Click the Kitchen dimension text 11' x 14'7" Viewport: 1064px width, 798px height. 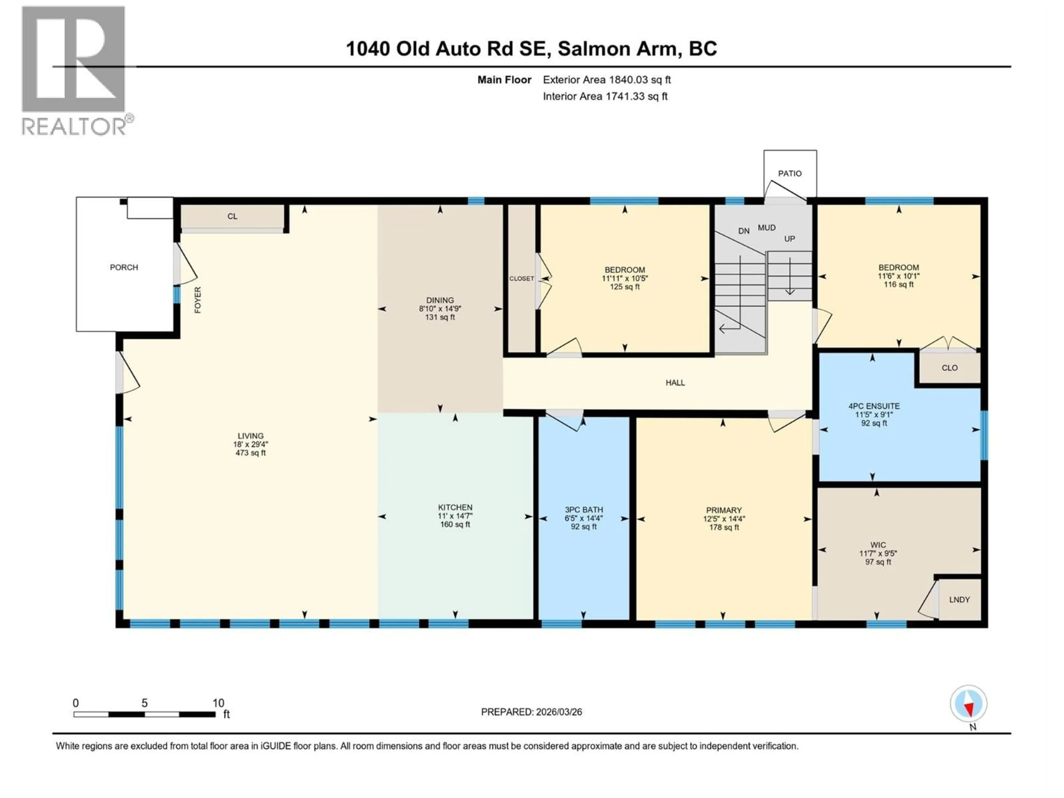(x=455, y=516)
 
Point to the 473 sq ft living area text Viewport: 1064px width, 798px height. (x=250, y=453)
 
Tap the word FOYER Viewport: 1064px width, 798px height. (x=198, y=300)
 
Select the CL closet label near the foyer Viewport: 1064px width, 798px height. (x=232, y=216)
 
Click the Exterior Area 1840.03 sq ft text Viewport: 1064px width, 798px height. (x=607, y=80)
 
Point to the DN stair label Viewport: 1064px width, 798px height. (x=744, y=231)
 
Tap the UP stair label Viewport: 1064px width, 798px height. (x=789, y=239)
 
